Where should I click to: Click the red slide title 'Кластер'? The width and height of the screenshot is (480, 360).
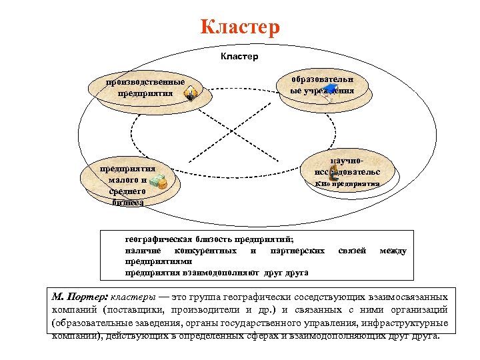240,28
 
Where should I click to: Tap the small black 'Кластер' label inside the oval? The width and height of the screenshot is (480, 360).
239,57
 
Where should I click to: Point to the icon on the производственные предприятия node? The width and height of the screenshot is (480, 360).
191,94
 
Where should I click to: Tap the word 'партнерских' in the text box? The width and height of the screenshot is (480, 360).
298,251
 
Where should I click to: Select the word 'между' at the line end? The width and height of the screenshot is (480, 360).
393,251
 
